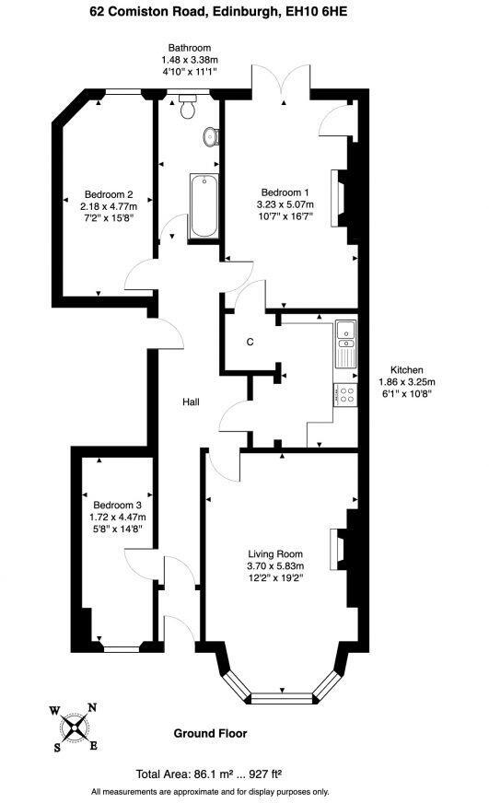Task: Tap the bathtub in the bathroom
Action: (x=202, y=205)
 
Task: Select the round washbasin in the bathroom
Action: (x=211, y=137)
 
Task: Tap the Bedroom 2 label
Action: (x=109, y=194)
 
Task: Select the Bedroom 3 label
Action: (x=117, y=505)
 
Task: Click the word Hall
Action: (x=191, y=402)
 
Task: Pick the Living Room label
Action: (x=275, y=553)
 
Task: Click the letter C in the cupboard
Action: (x=250, y=342)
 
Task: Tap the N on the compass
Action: (x=91, y=708)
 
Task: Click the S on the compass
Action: (x=58, y=747)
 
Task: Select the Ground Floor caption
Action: (x=210, y=734)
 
